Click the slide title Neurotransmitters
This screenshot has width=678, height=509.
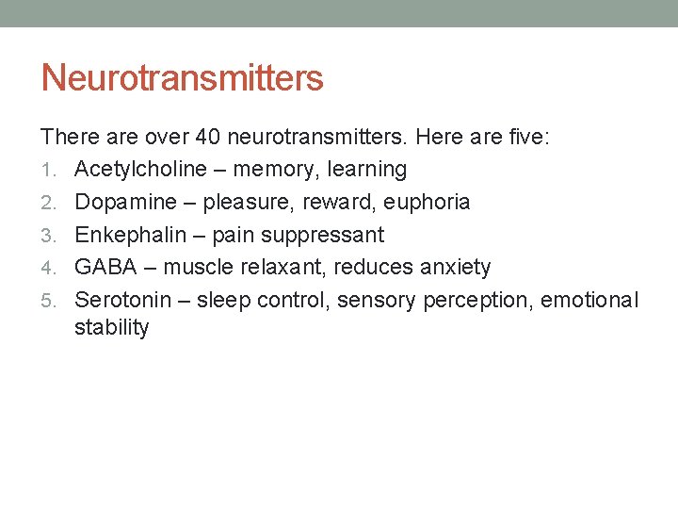tap(182, 78)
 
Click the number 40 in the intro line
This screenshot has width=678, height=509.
tap(208, 138)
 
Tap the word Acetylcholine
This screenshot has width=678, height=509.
tap(141, 170)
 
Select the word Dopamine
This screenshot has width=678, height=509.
tap(124, 202)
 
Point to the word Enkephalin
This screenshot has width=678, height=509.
tap(128, 235)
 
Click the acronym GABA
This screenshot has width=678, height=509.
tap(105, 268)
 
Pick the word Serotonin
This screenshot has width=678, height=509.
tap(122, 300)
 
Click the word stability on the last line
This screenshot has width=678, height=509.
tap(111, 328)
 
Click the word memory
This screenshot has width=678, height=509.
tap(275, 171)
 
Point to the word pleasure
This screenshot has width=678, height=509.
tap(247, 203)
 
